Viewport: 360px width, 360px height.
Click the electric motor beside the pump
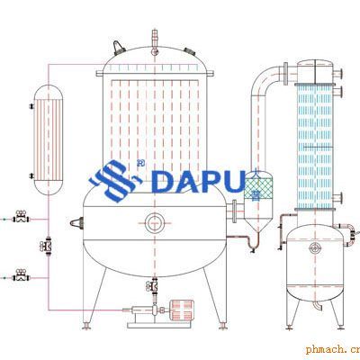(182, 310)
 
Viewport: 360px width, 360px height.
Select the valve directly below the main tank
(152, 285)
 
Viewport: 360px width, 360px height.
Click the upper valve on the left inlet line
(21, 217)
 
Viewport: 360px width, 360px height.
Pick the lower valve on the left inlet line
(21, 275)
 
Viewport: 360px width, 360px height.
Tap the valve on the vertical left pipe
(46, 247)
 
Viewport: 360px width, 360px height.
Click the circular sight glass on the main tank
(155, 223)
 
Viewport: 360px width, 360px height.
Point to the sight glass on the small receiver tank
(315, 247)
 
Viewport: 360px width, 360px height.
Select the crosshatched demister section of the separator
(258, 188)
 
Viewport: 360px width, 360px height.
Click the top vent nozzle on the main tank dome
(155, 42)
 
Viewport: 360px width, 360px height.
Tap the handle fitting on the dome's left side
(118, 48)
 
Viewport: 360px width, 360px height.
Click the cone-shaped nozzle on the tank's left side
(76, 223)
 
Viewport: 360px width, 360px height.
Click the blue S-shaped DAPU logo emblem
(115, 181)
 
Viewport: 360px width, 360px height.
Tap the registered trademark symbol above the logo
(139, 163)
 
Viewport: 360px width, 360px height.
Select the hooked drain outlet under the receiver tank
(317, 305)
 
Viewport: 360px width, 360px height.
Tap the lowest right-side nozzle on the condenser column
(338, 198)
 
